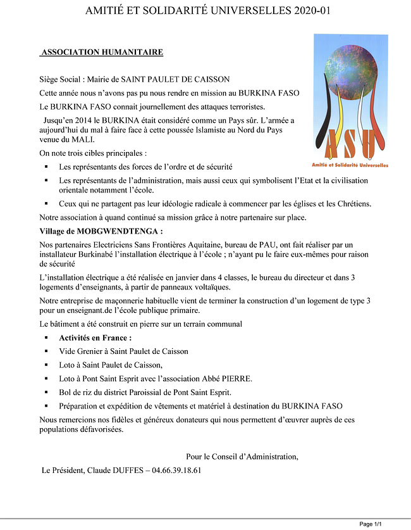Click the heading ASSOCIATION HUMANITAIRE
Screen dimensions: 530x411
(x=102, y=52)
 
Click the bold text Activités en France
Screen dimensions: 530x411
(x=95, y=338)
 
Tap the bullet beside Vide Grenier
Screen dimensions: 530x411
(x=46, y=351)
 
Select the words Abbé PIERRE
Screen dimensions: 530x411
(x=230, y=379)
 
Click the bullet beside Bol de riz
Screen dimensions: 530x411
(x=46, y=393)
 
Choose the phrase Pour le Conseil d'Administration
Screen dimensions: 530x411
(x=242, y=457)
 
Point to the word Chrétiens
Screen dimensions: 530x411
(x=352, y=203)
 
